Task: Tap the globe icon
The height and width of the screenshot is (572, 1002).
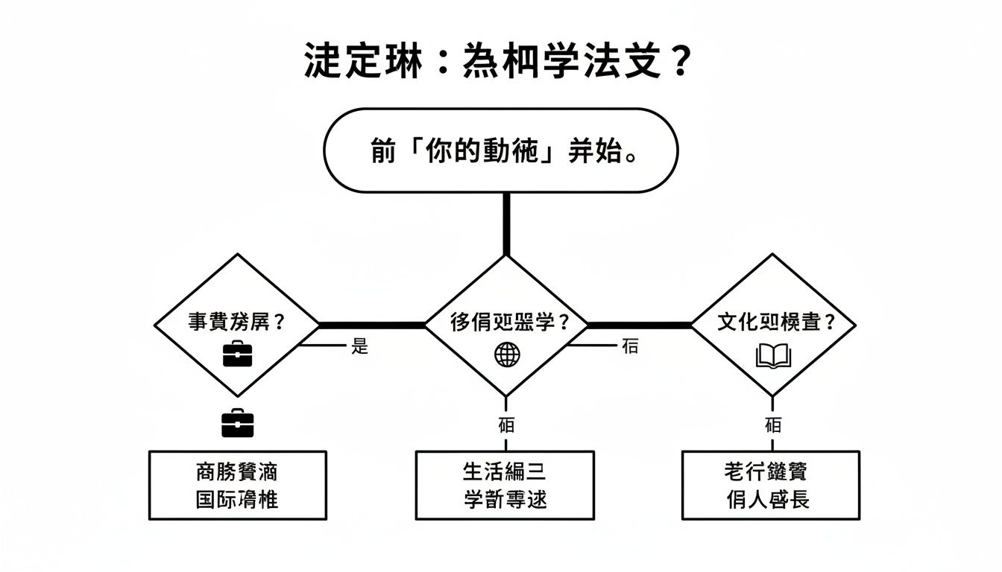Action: pos(507,355)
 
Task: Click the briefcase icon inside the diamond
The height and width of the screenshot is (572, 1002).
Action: pos(238,353)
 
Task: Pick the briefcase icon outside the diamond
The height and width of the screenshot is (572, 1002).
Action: pos(238,423)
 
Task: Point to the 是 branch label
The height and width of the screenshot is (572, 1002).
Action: pos(360,346)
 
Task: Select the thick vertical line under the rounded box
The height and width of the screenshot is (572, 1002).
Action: pos(507,223)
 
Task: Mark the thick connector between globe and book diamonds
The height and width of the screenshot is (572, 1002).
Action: pos(640,325)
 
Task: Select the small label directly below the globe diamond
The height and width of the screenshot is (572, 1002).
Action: pos(506,425)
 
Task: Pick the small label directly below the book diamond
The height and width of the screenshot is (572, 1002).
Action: pos(773,425)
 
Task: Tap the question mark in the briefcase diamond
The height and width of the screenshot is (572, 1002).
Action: pos(280,323)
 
